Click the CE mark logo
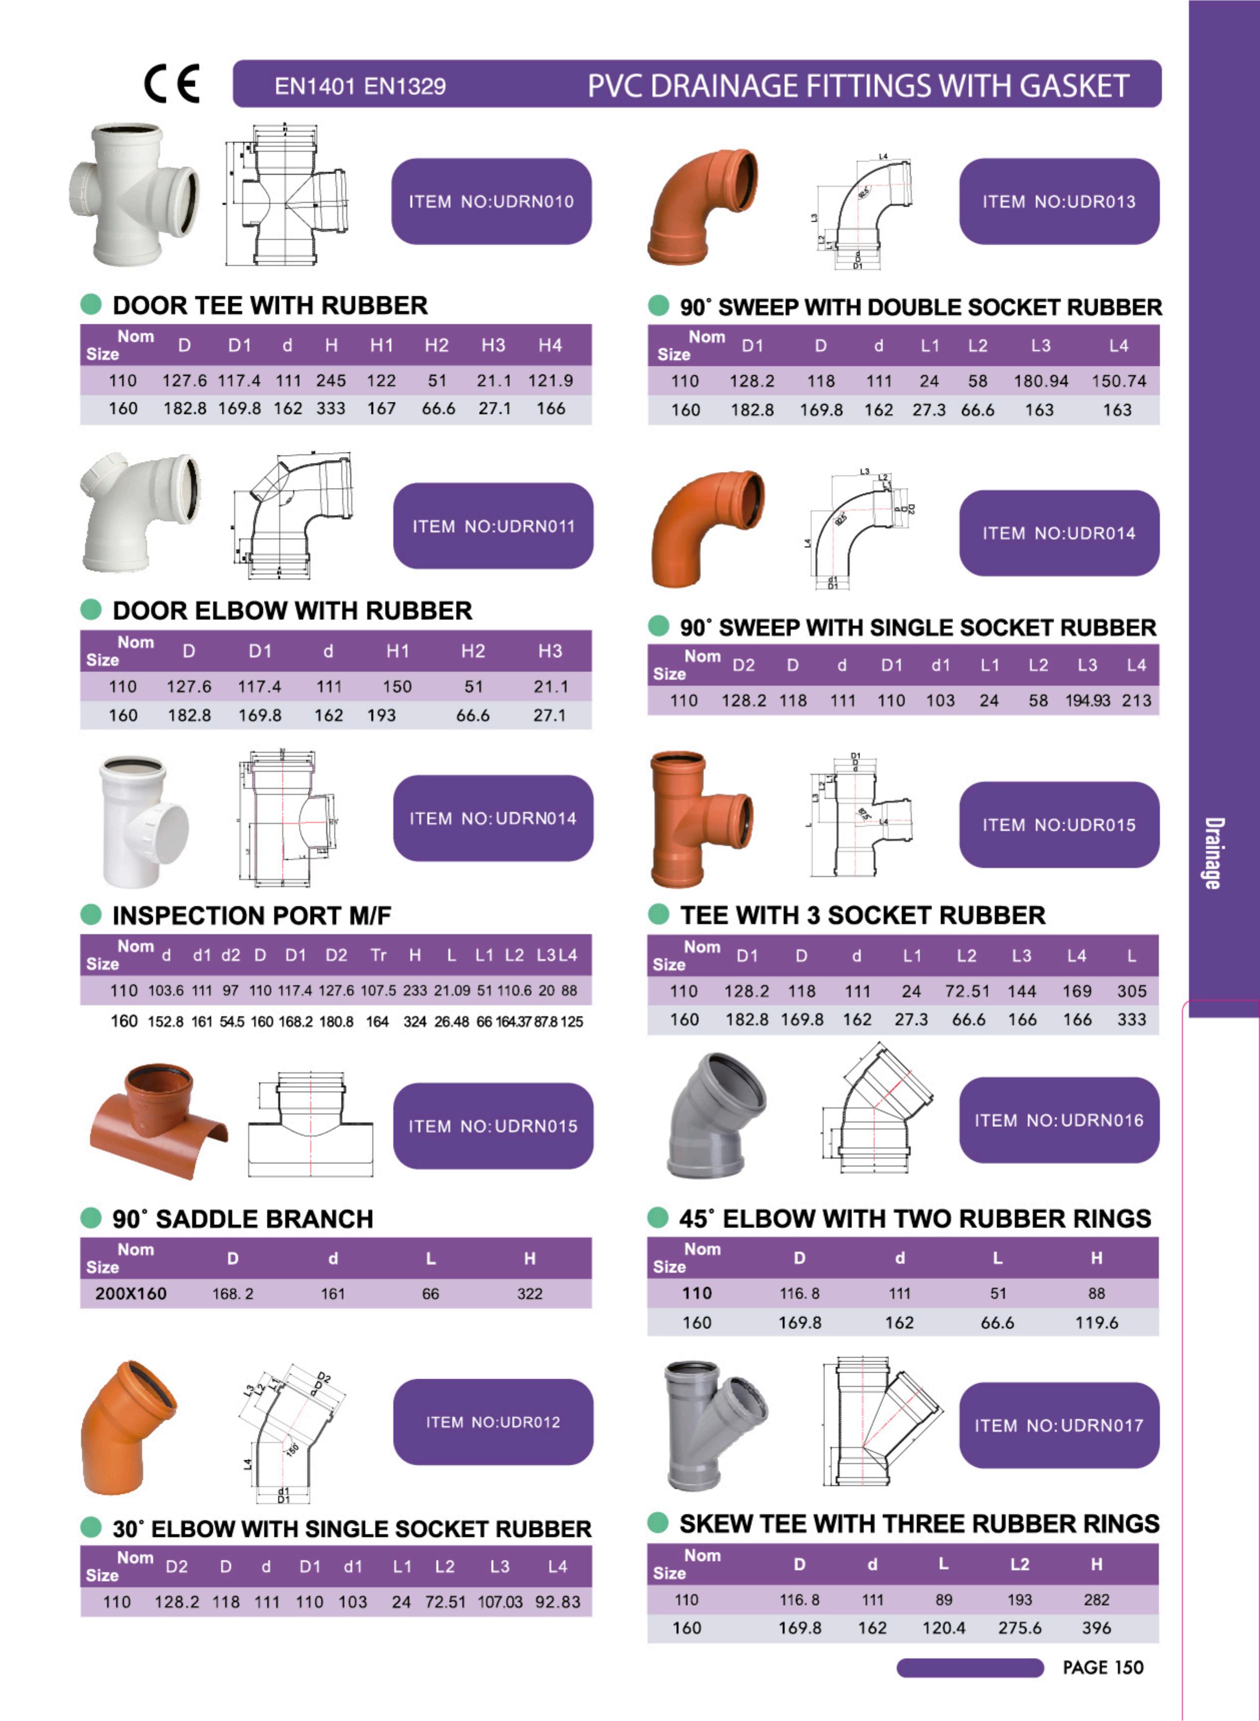click(x=172, y=84)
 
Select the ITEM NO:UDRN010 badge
click(x=491, y=201)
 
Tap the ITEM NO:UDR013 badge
click(x=1059, y=201)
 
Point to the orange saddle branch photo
click(x=158, y=1121)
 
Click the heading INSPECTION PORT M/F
click(x=252, y=916)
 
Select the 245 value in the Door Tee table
click(x=331, y=380)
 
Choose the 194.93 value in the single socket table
click(x=1088, y=700)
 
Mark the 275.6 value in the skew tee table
click(x=1020, y=1628)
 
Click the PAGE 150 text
click(x=1103, y=1667)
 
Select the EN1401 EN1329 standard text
click(x=360, y=86)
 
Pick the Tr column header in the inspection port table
click(x=378, y=955)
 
